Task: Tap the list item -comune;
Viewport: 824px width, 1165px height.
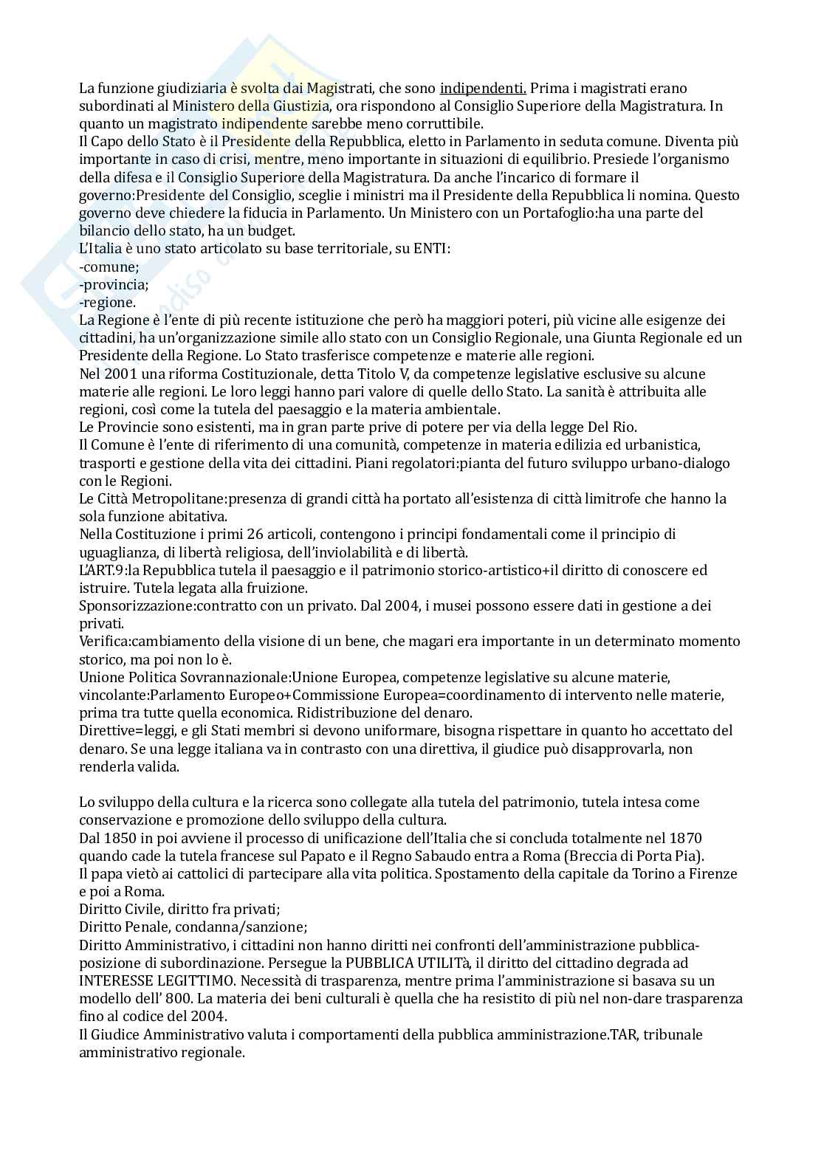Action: click(x=109, y=267)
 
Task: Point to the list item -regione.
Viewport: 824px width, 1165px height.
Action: click(x=108, y=303)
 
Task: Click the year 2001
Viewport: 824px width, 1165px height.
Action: click(x=121, y=374)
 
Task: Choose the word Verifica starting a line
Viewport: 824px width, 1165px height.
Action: click(x=102, y=641)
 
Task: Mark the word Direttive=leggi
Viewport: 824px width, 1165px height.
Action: click(x=120, y=730)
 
